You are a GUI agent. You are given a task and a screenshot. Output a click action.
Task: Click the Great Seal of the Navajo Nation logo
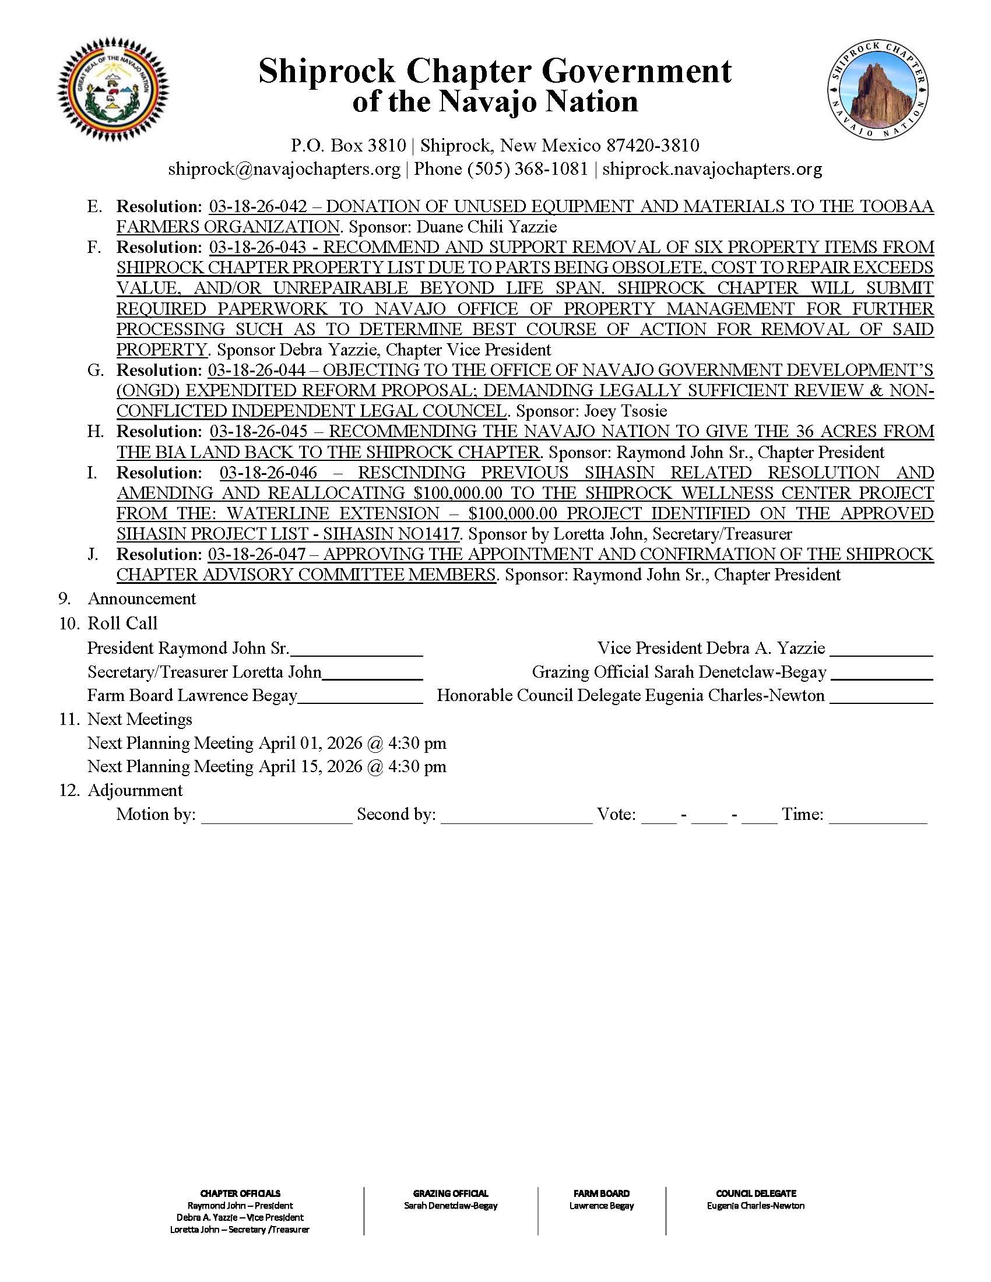[x=112, y=92]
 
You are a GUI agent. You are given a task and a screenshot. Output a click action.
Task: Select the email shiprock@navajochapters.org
[x=284, y=169]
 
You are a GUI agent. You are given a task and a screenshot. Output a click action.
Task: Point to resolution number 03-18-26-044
[x=257, y=371]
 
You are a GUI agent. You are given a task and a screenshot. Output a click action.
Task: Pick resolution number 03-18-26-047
[x=257, y=554]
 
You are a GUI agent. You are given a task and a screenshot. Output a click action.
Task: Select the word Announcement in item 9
[x=142, y=598]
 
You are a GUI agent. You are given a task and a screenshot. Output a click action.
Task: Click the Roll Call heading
[x=122, y=624]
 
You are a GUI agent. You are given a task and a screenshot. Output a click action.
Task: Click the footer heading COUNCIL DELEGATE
[x=755, y=1193]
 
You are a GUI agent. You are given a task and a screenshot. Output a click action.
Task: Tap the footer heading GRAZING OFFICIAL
[x=450, y=1193]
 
